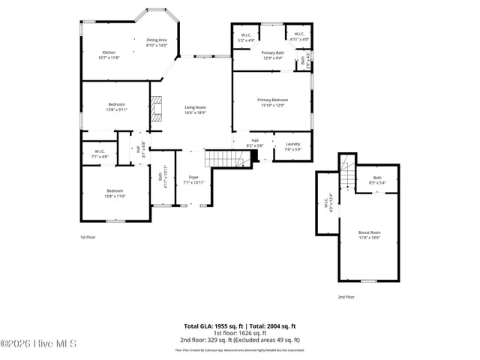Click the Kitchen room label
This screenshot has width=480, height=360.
click(109, 55)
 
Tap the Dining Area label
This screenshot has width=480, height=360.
click(157, 43)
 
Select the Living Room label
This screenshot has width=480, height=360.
click(195, 109)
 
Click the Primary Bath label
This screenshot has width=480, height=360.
click(272, 55)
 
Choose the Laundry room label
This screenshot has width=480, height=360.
click(292, 146)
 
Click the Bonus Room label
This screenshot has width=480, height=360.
click(369, 234)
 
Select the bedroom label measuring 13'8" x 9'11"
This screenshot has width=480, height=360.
click(116, 106)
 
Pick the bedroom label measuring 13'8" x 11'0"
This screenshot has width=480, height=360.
click(116, 193)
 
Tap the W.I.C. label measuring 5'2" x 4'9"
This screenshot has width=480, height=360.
click(247, 37)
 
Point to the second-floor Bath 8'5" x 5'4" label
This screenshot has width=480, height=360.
click(376, 179)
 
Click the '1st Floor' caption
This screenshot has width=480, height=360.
click(88, 237)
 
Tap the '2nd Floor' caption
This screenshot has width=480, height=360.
click(346, 297)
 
